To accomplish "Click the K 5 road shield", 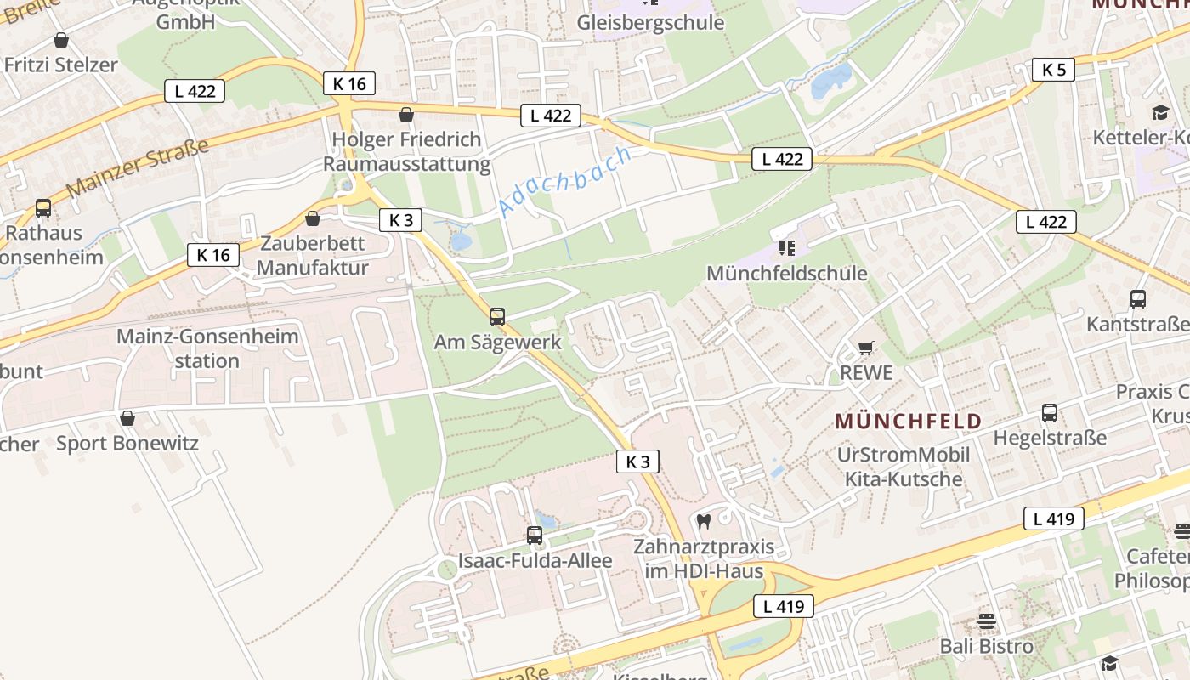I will [1053, 70].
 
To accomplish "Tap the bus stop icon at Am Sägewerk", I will [497, 317].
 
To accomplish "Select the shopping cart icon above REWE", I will [866, 347].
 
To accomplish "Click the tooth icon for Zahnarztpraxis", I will [703, 521].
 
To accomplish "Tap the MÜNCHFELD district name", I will [908, 421].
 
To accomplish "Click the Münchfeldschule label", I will [787, 274].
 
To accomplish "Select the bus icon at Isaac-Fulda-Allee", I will [534, 535].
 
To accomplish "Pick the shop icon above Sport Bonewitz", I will [127, 418].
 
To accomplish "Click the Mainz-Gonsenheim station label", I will [207, 348].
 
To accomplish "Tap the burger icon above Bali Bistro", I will [986, 621].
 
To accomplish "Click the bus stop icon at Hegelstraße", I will [1050, 413].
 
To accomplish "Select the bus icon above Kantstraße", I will [1138, 299].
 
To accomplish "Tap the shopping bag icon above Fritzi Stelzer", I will [61, 40].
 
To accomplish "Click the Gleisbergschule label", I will [650, 22].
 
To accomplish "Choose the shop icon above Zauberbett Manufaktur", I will [313, 218].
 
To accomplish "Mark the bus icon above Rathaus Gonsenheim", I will [42, 207].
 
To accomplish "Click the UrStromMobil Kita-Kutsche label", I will [903, 467].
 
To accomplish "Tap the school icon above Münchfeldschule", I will [786, 248].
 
